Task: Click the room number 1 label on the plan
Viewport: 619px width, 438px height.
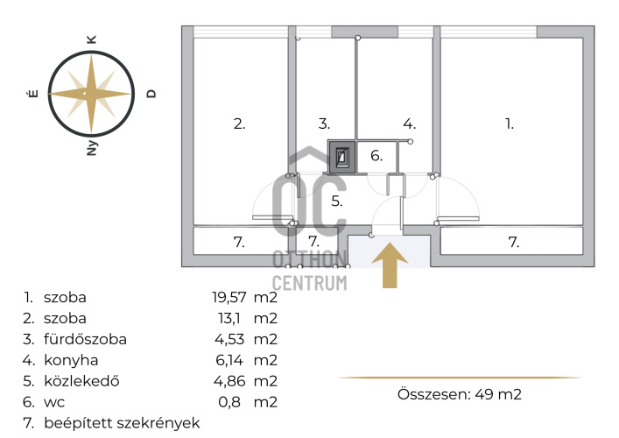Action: [510, 124]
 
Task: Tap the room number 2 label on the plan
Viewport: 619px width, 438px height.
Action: [239, 124]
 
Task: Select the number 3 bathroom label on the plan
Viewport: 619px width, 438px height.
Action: [324, 124]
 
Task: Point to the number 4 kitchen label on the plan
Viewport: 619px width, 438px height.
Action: [410, 124]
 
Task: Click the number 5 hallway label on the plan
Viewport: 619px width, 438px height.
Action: [336, 201]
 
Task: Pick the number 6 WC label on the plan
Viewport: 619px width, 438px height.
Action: [376, 156]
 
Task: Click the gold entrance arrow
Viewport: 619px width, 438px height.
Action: [390, 265]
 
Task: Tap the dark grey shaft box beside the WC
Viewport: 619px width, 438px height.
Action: [341, 157]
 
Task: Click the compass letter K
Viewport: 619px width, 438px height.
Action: [91, 39]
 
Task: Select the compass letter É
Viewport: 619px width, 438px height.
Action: [33, 94]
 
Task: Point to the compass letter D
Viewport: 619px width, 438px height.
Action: [151, 94]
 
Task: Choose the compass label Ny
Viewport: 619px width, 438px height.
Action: [92, 148]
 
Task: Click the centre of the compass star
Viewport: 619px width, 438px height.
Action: [91, 94]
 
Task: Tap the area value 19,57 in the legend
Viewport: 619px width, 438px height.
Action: [229, 297]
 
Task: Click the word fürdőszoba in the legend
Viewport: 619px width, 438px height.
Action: [85, 339]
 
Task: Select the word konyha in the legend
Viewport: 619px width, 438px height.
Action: [71, 360]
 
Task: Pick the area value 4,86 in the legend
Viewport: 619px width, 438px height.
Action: [229, 381]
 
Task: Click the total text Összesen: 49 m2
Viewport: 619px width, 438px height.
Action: [460, 394]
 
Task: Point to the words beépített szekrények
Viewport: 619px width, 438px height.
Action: [122, 423]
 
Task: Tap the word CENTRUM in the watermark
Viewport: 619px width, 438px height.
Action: [310, 283]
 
